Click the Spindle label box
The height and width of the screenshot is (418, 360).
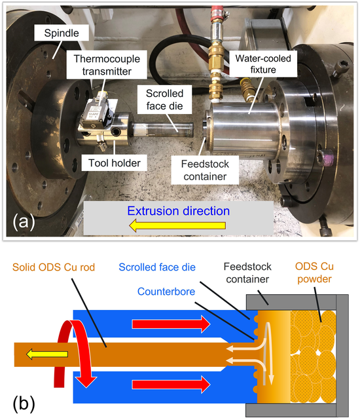click(62, 33)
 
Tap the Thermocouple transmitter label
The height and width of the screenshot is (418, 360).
click(107, 65)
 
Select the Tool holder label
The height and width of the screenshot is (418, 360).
click(115, 163)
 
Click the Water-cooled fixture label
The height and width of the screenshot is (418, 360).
click(263, 64)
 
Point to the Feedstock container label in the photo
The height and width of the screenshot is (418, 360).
click(205, 170)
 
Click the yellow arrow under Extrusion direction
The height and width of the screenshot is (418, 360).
click(177, 225)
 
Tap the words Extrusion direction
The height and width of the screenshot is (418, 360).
click(179, 211)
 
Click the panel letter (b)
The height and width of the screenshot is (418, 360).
click(24, 404)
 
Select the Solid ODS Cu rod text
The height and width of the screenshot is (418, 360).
click(54, 267)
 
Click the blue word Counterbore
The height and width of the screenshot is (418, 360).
click(166, 292)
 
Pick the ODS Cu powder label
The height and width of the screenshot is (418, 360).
click(314, 273)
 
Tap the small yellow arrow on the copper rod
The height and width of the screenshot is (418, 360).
click(47, 354)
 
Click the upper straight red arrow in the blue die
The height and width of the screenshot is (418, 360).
click(171, 324)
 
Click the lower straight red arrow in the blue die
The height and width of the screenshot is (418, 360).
click(171, 385)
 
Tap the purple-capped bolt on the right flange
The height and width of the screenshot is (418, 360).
click(327, 157)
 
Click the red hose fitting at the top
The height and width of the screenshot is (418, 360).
click(217, 13)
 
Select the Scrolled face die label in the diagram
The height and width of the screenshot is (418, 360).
click(157, 267)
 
